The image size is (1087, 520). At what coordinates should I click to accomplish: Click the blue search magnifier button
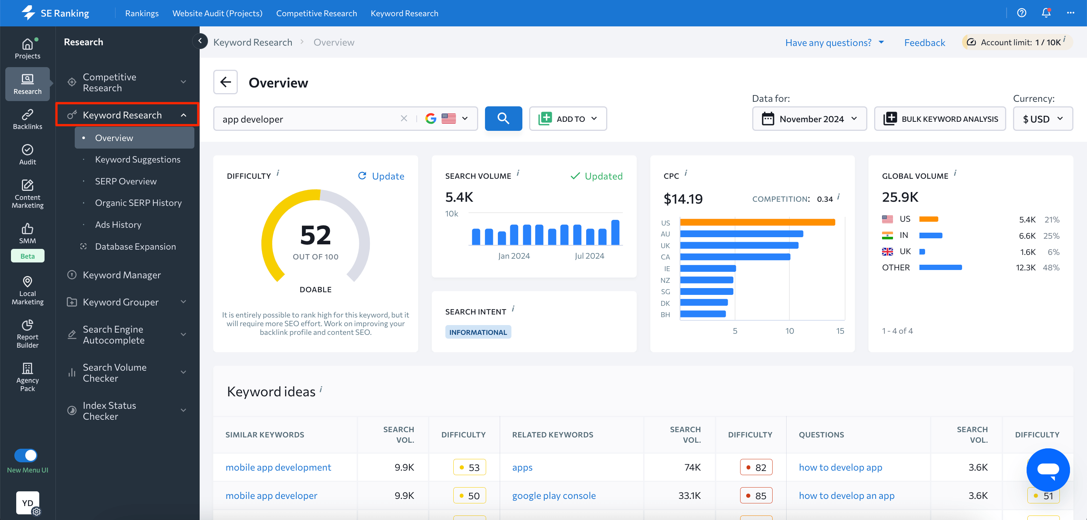(503, 118)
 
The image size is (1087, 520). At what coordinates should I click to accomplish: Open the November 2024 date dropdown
(809, 119)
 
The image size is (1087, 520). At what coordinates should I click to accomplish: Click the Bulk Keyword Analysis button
(940, 119)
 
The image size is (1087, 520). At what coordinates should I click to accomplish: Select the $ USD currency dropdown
(1042, 119)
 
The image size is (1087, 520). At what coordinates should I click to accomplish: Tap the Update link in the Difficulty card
(381, 176)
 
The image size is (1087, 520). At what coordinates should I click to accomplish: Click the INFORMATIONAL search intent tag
(478, 332)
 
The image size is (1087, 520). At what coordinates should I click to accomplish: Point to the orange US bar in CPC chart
(757, 222)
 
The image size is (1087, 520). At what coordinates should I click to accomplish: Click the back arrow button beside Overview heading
(225, 82)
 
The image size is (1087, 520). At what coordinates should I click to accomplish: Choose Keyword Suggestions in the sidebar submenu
(137, 160)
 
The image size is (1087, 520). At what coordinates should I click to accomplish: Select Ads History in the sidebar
(118, 224)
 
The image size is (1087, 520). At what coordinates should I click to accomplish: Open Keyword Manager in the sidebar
(122, 275)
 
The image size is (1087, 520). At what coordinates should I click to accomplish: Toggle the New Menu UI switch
(26, 456)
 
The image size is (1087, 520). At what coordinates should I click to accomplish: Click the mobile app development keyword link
(278, 467)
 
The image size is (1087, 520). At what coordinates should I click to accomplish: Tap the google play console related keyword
(554, 495)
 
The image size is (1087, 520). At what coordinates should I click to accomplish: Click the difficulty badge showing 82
(756, 467)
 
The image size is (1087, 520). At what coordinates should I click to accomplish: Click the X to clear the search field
(404, 118)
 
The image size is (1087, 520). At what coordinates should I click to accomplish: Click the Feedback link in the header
(924, 43)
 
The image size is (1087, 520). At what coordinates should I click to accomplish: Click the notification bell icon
(1045, 13)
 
